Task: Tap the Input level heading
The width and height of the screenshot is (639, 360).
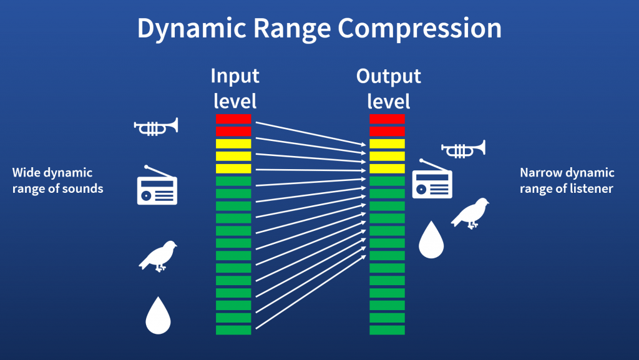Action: pyautogui.click(x=235, y=89)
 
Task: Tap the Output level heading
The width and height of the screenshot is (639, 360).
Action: pyautogui.click(x=388, y=89)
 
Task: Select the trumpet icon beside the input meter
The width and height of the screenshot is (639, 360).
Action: pyautogui.click(x=156, y=127)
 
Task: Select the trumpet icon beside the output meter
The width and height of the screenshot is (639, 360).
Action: pyautogui.click(x=463, y=149)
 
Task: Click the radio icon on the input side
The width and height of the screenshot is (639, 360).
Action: pyautogui.click(x=157, y=187)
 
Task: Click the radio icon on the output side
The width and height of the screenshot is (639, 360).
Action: pyautogui.click(x=432, y=181)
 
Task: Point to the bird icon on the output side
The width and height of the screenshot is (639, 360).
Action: pyautogui.click(x=470, y=213)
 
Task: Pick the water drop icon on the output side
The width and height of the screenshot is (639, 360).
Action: pyautogui.click(x=431, y=240)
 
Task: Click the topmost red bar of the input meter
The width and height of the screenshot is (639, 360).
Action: pyautogui.click(x=233, y=119)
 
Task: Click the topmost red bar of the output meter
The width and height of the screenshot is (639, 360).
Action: pyautogui.click(x=387, y=119)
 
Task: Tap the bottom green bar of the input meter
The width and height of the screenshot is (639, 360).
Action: pyautogui.click(x=233, y=330)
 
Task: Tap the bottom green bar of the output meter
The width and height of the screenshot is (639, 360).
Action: pyautogui.click(x=387, y=330)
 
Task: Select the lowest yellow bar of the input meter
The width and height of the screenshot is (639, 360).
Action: pyautogui.click(x=233, y=168)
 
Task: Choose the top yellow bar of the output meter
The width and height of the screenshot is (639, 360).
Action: pyautogui.click(x=387, y=144)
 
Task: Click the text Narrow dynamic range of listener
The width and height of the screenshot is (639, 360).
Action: pyautogui.click(x=567, y=180)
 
